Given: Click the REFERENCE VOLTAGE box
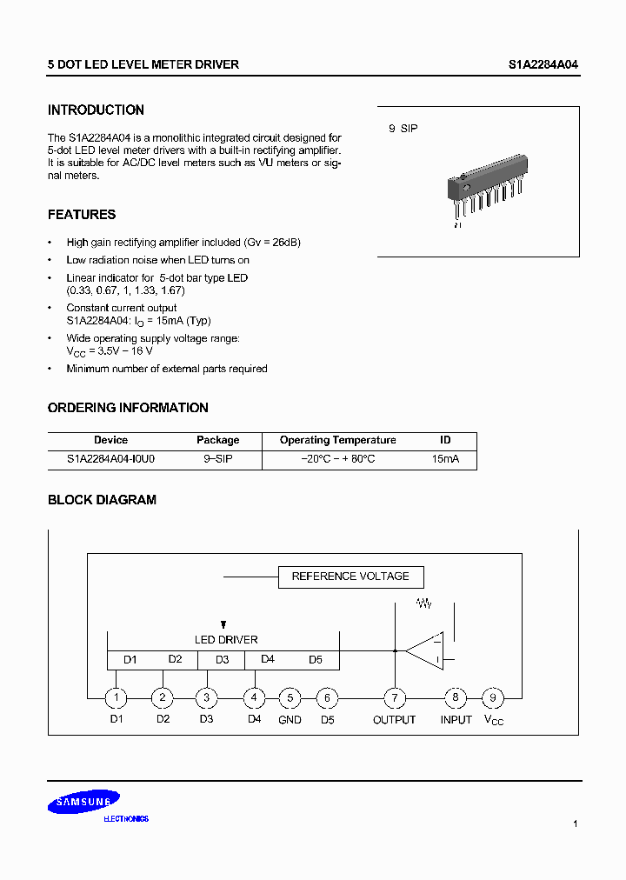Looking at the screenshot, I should coord(350,577).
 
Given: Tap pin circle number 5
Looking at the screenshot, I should coord(290,697).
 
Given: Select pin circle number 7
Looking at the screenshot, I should coord(395,697).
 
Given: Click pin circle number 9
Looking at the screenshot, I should coord(493,697).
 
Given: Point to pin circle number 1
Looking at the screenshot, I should coord(116,697).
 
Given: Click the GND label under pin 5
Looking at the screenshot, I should coord(290,720).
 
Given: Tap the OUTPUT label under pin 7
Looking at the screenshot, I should coord(395,720).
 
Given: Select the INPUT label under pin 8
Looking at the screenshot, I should coord(456,720).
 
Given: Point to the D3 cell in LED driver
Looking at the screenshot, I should coord(222,660).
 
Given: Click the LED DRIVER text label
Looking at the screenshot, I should coord(226,640).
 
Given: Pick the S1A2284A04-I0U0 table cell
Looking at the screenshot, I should coord(111,458).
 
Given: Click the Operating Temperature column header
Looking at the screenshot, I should coord(337,440).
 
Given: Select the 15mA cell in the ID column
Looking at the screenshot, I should coord(445,458).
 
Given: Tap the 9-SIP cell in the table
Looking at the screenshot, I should coord(217,458).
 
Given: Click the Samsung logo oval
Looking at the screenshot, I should coord(83,803).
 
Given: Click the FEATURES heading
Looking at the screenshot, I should coord(82,215).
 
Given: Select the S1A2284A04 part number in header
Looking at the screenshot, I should coord(543,65).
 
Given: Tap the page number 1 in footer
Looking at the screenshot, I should coord(576,823).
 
